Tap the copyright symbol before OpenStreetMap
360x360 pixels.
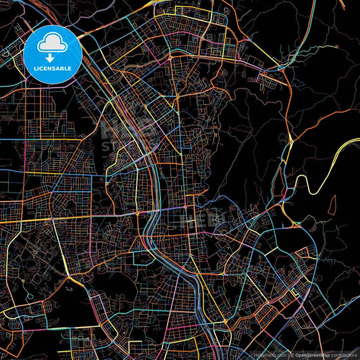292,355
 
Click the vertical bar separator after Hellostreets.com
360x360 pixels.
288,355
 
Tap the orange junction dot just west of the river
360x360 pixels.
138,214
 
